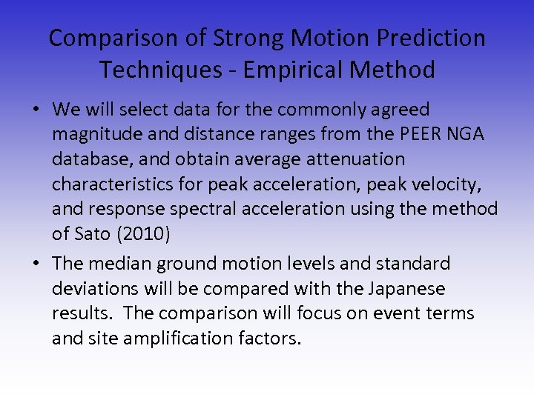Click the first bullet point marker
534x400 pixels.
tap(36, 110)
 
